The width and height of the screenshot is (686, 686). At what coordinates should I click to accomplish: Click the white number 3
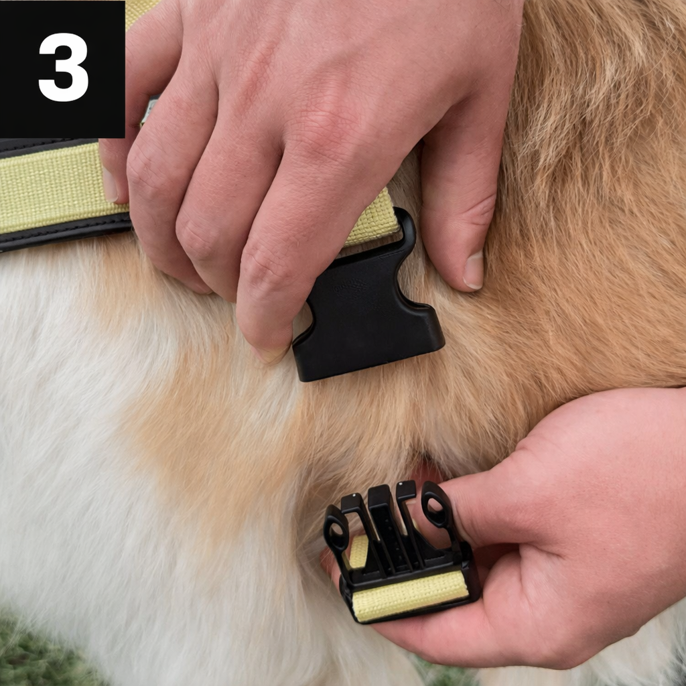(64, 68)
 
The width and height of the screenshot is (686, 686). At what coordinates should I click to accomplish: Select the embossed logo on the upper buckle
(350, 287)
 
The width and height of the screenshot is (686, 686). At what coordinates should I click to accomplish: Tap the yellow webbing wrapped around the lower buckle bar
(410, 595)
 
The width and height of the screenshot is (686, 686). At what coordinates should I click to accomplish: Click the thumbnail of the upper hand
(474, 271)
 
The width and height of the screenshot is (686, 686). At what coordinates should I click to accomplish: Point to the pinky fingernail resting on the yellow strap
(109, 183)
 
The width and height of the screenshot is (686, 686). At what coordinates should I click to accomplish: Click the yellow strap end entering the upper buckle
(372, 219)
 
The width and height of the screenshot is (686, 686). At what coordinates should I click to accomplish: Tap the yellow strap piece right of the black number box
(141, 11)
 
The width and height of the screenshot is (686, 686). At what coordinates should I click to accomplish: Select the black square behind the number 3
(62, 69)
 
